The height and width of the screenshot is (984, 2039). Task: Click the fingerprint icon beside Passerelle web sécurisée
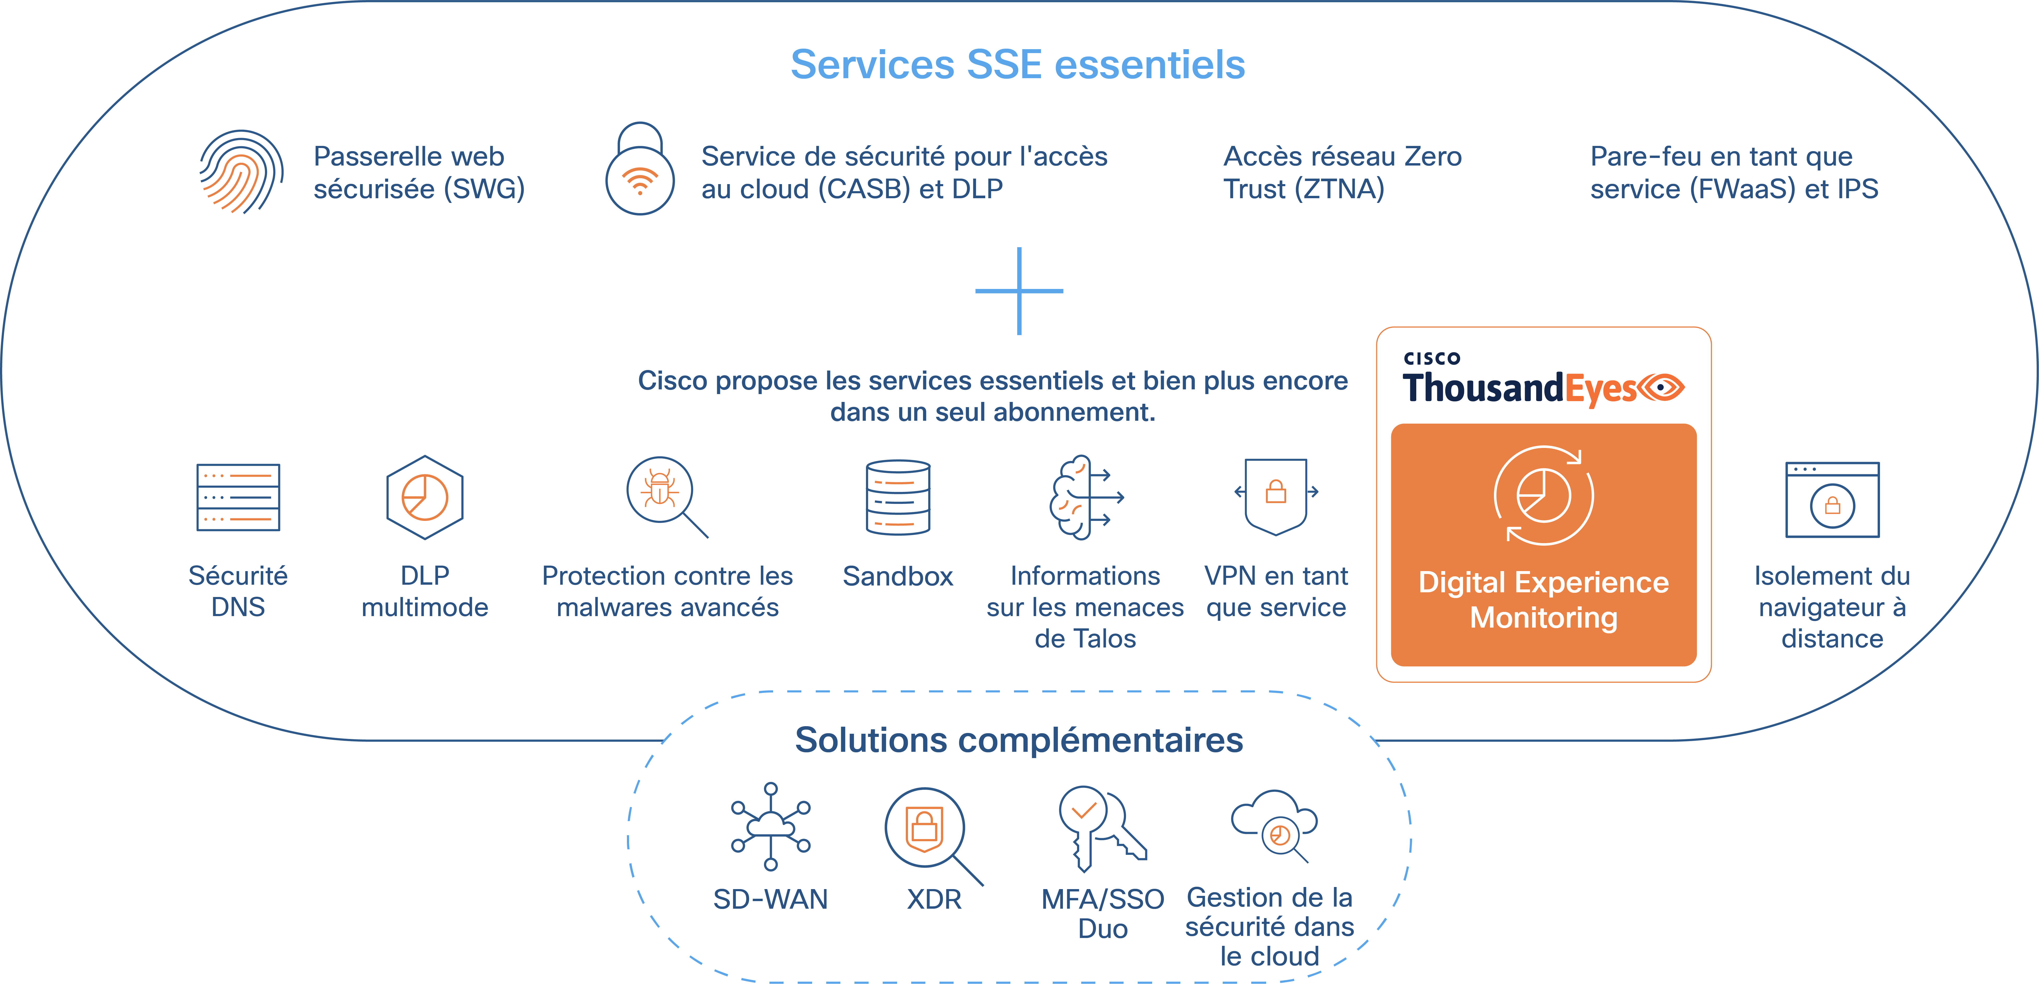(241, 172)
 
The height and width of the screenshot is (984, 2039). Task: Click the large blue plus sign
(1019, 291)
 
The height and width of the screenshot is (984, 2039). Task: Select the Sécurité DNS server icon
(238, 497)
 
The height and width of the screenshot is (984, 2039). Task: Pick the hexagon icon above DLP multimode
(425, 497)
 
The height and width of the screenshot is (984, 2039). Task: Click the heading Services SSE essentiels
(1018, 65)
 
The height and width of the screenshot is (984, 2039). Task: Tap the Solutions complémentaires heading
(1019, 740)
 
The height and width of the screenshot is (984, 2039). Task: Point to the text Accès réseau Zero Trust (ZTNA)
(1343, 173)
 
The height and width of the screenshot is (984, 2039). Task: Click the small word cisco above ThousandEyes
(1432, 359)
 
